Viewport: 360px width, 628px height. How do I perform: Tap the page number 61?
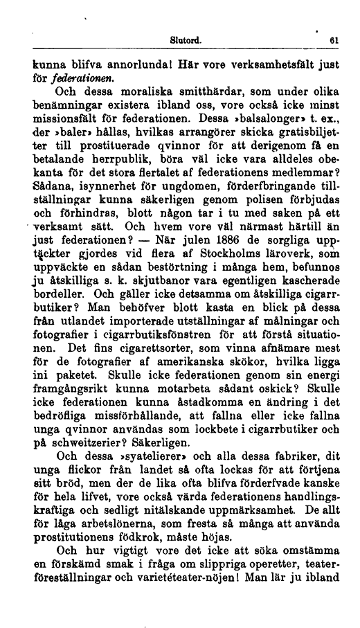coord(333,40)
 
